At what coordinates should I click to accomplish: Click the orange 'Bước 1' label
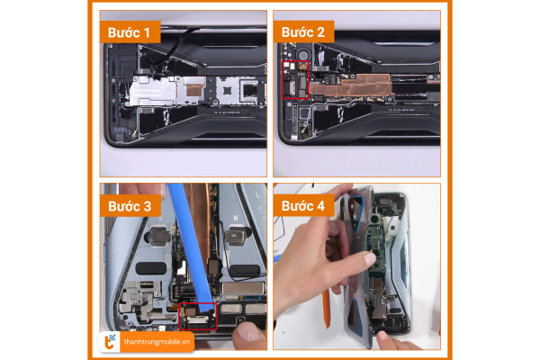tap(130, 32)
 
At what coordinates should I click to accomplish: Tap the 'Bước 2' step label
tap(303, 32)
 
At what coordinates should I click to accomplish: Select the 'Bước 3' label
tap(130, 206)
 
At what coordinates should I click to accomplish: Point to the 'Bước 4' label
tap(303, 206)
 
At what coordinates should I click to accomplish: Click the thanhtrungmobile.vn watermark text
tap(157, 342)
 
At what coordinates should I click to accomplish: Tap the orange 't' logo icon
tap(110, 342)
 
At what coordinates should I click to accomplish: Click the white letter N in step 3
tap(236, 218)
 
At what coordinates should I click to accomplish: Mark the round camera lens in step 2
tap(303, 55)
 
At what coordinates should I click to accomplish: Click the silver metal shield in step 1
tap(154, 91)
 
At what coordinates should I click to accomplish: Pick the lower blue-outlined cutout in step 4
tap(355, 318)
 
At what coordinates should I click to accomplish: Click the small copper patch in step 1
tap(194, 86)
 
